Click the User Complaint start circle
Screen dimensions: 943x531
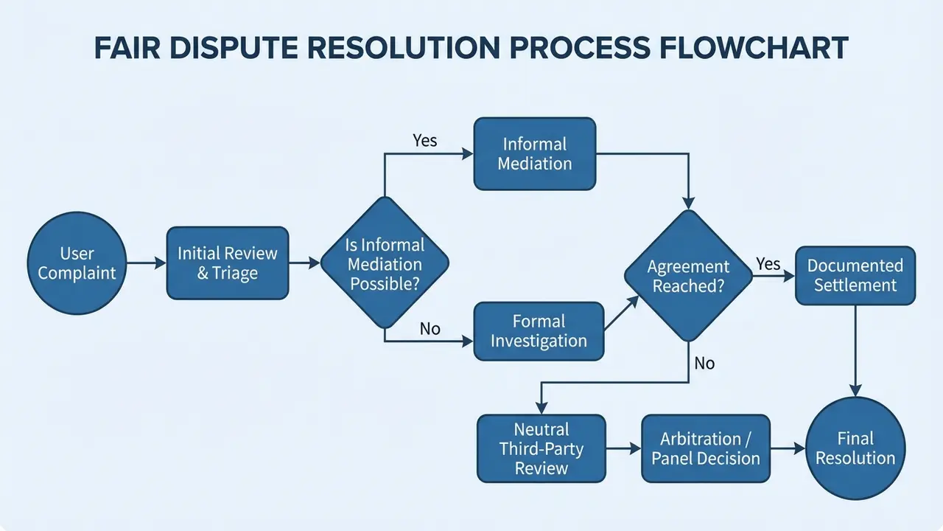point(77,263)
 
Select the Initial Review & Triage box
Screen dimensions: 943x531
point(228,263)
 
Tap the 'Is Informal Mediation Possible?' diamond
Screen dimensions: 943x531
point(385,263)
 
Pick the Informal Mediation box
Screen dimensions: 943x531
point(535,154)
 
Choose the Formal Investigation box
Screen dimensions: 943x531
point(539,331)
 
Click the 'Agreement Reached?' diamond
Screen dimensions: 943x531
point(688,276)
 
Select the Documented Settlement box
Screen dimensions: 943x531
point(855,276)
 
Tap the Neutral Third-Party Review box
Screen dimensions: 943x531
point(541,448)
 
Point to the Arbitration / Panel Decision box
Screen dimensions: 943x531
point(706,448)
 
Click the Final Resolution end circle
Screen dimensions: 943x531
point(855,448)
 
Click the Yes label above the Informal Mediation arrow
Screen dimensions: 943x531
point(425,140)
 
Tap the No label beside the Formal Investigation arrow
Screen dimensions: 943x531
point(430,329)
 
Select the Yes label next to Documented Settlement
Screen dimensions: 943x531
point(768,264)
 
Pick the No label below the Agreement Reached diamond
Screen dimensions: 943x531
point(704,364)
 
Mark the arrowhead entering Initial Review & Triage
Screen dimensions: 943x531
point(161,263)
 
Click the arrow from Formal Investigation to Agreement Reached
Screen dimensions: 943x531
point(622,312)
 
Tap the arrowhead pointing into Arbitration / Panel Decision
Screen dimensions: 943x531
point(636,448)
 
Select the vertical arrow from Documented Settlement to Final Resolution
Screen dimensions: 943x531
point(855,351)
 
